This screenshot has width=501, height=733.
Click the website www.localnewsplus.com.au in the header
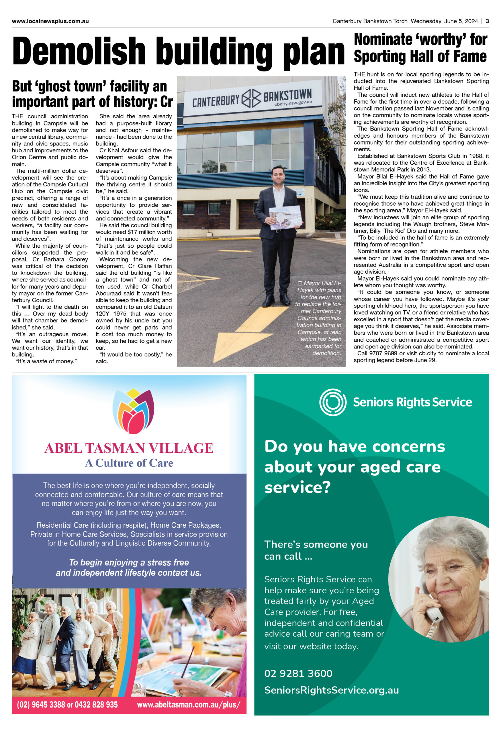pyautogui.click(x=50, y=21)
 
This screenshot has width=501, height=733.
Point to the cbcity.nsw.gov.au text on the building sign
pyautogui.click(x=293, y=103)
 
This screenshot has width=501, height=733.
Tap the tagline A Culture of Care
pyautogui.click(x=129, y=463)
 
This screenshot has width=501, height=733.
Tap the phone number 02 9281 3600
pyautogui.click(x=298, y=673)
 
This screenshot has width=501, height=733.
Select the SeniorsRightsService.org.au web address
pyautogui.click(x=332, y=690)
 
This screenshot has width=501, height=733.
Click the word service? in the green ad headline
pyautogui.click(x=297, y=487)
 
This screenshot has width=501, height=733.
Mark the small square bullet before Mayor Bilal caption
pyautogui.click(x=300, y=283)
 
